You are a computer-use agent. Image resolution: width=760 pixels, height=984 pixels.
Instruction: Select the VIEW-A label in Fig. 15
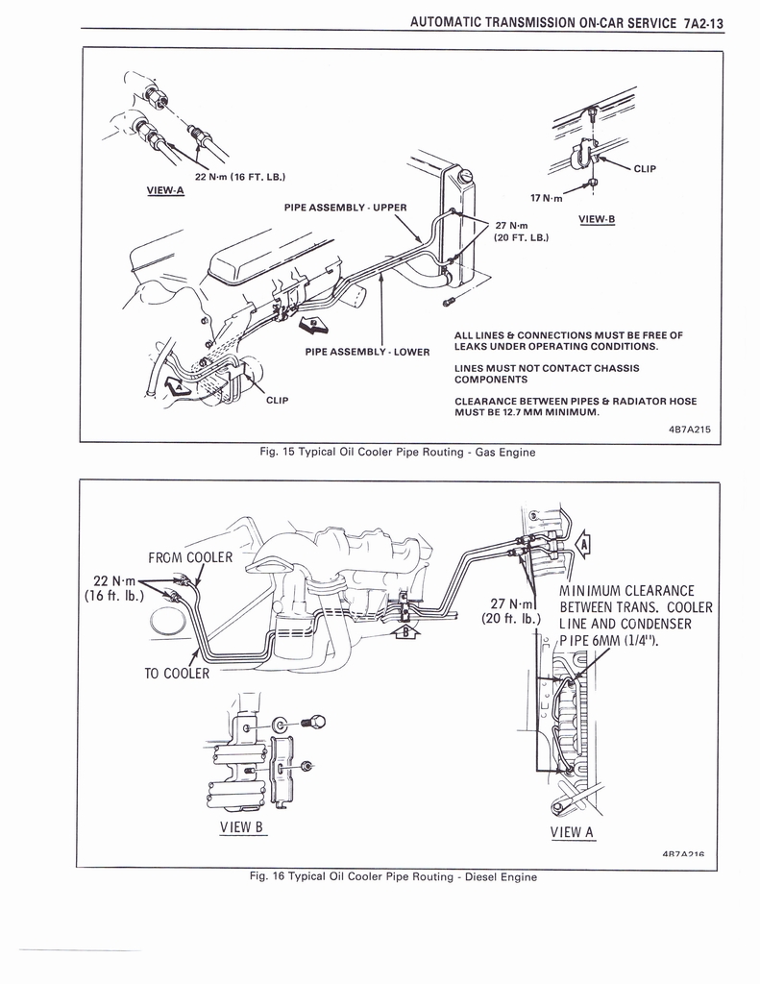(164, 189)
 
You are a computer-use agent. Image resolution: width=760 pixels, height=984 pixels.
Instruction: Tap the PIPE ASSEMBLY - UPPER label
(345, 207)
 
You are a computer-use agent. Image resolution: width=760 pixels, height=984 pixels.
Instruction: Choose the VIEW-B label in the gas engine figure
(596, 219)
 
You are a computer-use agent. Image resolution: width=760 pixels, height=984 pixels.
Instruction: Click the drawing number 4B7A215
(689, 430)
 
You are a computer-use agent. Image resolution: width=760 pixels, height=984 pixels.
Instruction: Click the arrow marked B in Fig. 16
(405, 632)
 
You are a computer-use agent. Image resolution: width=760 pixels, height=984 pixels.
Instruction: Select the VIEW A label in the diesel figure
(573, 832)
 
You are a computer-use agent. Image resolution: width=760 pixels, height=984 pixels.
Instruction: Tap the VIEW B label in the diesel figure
(241, 826)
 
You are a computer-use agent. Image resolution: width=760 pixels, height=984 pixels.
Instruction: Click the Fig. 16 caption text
(398, 876)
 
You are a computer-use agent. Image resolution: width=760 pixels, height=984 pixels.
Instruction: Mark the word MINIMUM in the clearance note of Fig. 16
(594, 590)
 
